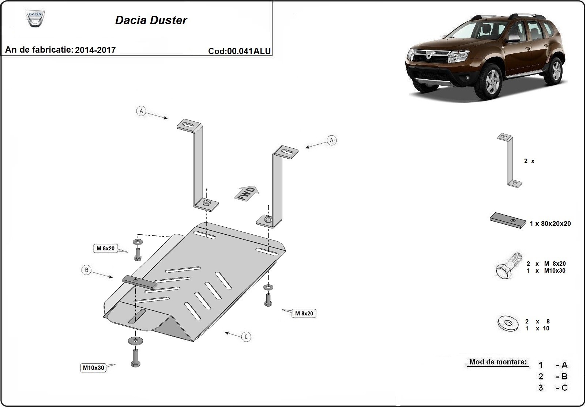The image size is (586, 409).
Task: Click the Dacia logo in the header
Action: (35, 18)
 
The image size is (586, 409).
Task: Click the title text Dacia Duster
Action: (151, 20)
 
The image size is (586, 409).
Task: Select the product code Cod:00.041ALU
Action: (240, 51)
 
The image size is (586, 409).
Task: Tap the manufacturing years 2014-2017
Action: (95, 50)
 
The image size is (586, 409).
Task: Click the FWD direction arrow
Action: (246, 193)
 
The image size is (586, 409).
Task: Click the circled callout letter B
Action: (86, 270)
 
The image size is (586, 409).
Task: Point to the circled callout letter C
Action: (246, 337)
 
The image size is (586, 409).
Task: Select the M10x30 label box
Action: (94, 368)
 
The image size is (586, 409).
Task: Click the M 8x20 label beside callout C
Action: (304, 313)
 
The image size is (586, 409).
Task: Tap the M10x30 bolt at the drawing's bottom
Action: (135, 357)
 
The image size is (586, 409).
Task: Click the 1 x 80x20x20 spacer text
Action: (550, 224)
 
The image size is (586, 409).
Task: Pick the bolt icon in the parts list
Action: (508, 266)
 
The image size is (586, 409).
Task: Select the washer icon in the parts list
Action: (508, 323)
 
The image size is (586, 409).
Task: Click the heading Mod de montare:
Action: (498, 362)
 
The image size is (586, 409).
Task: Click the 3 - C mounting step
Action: (553, 388)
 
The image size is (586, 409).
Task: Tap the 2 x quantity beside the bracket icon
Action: (529, 161)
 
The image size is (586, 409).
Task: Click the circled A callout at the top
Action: (141, 111)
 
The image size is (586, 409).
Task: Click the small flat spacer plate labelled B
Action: (139, 281)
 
